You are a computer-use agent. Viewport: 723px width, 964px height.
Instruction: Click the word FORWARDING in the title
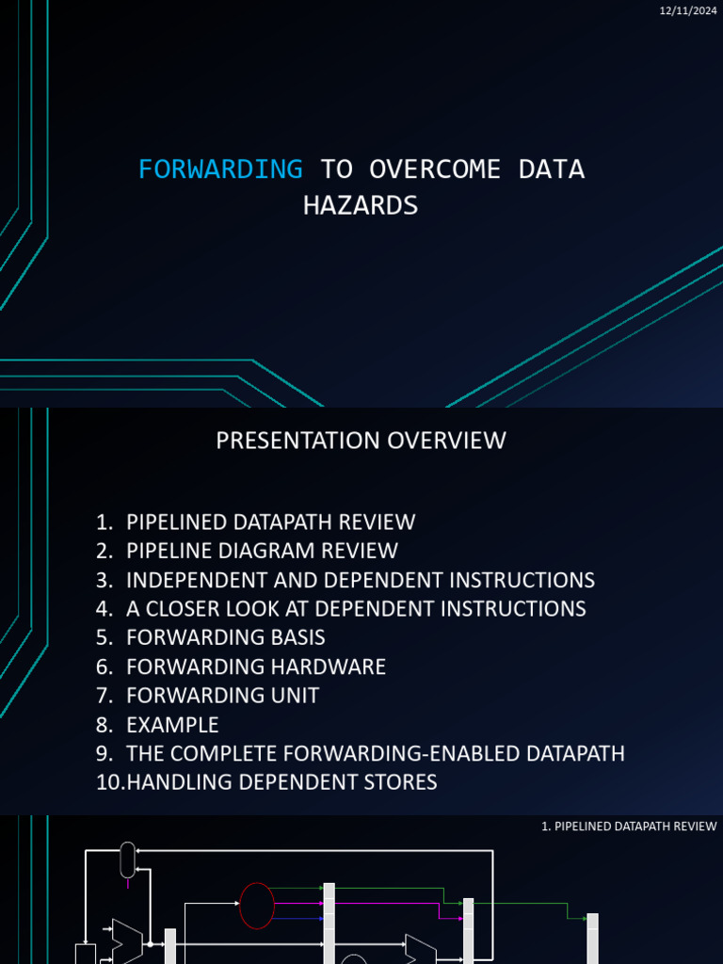[220, 169]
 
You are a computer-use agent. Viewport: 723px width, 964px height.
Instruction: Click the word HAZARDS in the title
[361, 205]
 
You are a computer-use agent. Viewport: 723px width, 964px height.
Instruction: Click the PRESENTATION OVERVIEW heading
[361, 440]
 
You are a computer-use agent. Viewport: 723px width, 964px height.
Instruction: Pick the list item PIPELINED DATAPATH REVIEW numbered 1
[270, 522]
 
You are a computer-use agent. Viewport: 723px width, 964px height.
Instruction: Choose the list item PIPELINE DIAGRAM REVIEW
[262, 551]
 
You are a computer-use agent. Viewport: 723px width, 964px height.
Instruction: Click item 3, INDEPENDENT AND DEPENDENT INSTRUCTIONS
[360, 580]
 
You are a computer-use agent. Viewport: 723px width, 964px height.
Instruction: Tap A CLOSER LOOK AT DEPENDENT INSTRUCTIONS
[356, 609]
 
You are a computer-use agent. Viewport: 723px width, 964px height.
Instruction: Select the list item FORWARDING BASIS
[226, 637]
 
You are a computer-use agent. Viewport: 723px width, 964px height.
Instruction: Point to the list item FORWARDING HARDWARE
[256, 667]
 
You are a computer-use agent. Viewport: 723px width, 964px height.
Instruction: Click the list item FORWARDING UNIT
[222, 696]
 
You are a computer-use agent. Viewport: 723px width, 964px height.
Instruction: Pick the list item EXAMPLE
[172, 725]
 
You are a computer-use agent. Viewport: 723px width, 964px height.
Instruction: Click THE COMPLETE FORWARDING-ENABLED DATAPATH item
[375, 754]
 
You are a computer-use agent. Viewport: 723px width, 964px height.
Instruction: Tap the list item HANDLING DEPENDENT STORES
[281, 782]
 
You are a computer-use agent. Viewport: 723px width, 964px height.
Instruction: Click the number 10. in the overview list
[109, 782]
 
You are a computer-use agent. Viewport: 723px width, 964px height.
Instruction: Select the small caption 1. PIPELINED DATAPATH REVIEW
[629, 827]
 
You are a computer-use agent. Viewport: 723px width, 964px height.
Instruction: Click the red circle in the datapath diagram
[257, 906]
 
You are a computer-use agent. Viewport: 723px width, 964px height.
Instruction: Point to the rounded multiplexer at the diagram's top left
[127, 859]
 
